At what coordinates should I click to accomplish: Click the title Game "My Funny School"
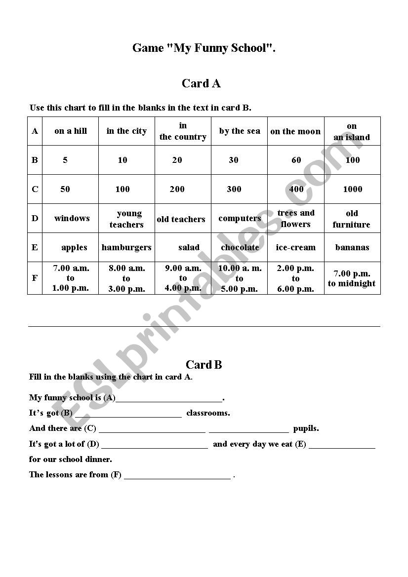pos(204,48)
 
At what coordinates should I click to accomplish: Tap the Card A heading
pos(201,83)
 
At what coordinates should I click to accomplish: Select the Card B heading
pos(204,365)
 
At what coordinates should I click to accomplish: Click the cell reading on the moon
pos(295,131)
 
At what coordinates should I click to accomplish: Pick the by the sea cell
pos(240,131)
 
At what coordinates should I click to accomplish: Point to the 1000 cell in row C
pos(352,189)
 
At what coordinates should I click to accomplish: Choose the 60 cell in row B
pos(296,160)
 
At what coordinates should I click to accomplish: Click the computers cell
pos(240,218)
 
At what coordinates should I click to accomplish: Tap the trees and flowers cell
pos(296,218)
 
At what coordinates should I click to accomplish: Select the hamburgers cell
pos(126,247)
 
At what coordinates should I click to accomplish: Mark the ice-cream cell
pos(295,247)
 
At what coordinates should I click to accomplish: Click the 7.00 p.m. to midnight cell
pos(352,278)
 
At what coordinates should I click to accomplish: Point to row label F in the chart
pos(35,278)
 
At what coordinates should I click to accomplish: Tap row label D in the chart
pos(35,218)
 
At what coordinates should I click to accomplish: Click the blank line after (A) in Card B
pos(169,399)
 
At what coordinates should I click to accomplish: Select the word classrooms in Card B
pos(208,413)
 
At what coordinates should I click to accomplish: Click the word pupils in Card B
pos(306,428)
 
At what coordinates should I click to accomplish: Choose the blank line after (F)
pos(177,476)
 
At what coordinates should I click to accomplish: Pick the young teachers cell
pos(126,219)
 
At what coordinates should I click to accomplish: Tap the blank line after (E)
pos(342,445)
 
